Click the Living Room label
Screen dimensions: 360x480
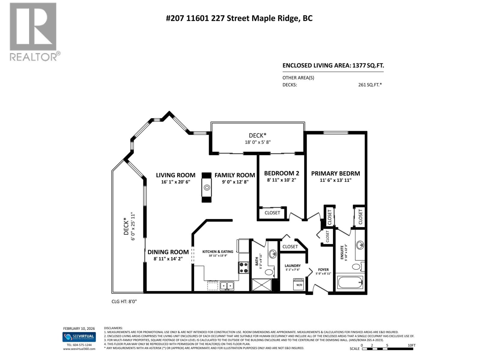(x=175, y=175)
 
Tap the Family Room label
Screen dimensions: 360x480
(x=235, y=175)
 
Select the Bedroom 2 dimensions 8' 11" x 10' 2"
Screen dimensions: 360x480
(x=281, y=180)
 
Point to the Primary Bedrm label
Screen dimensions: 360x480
(x=335, y=173)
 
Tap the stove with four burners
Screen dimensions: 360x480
(x=243, y=267)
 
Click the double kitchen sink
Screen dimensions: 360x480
(x=227, y=286)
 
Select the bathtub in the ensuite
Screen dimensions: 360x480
(x=350, y=282)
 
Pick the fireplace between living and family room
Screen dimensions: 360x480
(x=207, y=188)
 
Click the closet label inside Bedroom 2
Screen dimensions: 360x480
(x=272, y=213)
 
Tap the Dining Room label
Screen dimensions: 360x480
(x=168, y=252)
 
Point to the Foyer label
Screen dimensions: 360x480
(x=323, y=270)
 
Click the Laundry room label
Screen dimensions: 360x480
(x=292, y=266)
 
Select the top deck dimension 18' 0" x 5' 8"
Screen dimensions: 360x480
(x=258, y=142)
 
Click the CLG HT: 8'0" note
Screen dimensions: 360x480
(x=124, y=301)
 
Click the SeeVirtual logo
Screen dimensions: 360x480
(x=79, y=337)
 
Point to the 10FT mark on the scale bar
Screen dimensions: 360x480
(x=411, y=345)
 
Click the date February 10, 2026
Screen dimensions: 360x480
(x=79, y=329)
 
